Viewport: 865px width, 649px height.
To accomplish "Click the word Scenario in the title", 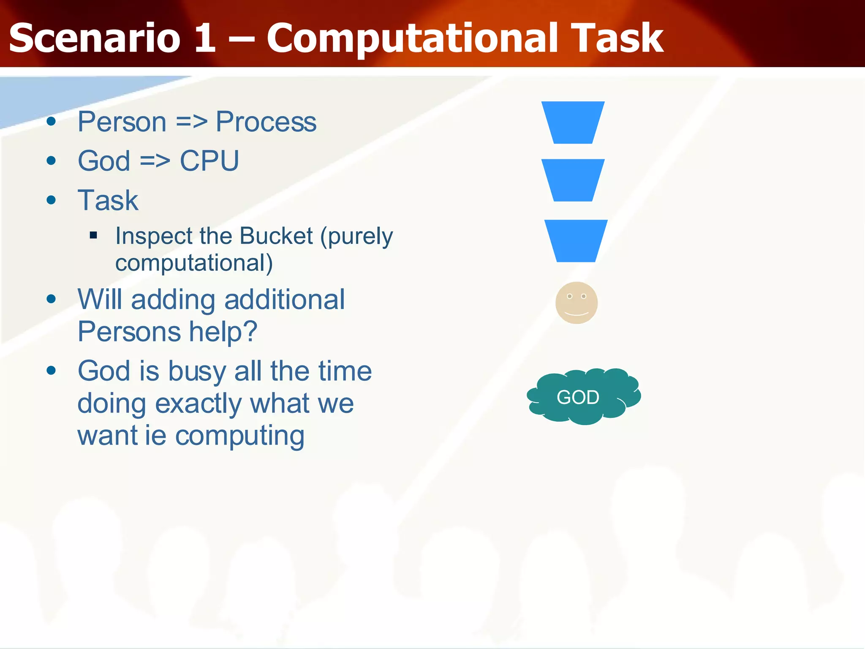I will point(95,39).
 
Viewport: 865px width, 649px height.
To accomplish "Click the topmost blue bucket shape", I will point(573,123).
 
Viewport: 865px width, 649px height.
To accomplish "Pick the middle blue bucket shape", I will point(573,180).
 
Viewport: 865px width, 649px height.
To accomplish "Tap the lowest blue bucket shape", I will point(576,241).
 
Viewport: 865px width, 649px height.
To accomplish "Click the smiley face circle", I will point(576,303).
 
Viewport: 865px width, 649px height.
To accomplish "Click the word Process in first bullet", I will point(266,123).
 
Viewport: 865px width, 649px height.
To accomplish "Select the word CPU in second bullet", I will point(209,161).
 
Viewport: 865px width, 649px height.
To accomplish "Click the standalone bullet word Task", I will point(108,200).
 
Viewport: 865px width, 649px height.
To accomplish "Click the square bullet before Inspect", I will point(94,235).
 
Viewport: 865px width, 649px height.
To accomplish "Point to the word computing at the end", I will point(239,436).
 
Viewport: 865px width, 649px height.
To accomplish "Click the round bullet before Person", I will point(52,122).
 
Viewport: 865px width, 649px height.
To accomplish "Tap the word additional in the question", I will point(284,300).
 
